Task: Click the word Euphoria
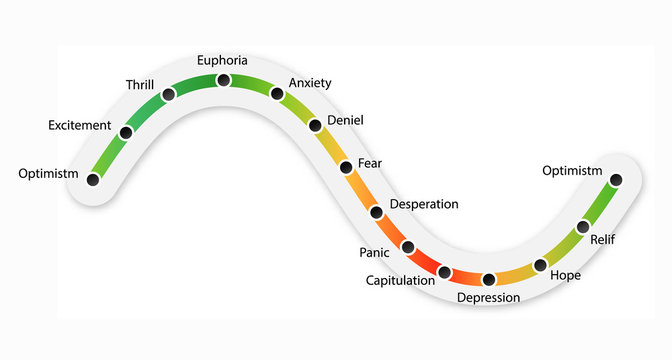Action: (222, 60)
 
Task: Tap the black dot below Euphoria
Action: (223, 80)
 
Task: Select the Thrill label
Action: (140, 84)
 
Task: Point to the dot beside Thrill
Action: (168, 94)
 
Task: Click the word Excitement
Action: (79, 125)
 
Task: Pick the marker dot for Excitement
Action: (126, 132)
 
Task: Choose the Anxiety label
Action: (309, 83)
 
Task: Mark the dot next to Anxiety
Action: (276, 94)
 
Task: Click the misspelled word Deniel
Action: (345, 121)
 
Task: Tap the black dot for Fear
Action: (346, 166)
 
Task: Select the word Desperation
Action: (424, 204)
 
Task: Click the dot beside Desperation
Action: (377, 212)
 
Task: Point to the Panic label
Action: (374, 252)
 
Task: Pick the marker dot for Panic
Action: (408, 246)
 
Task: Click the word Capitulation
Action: (400, 281)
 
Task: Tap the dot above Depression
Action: (489, 279)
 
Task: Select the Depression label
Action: (488, 298)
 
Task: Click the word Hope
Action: (565, 275)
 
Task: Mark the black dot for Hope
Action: (541, 265)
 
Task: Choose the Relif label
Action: (603, 240)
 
